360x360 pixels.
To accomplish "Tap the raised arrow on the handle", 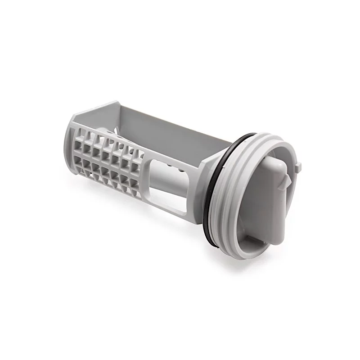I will coord(284,180).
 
